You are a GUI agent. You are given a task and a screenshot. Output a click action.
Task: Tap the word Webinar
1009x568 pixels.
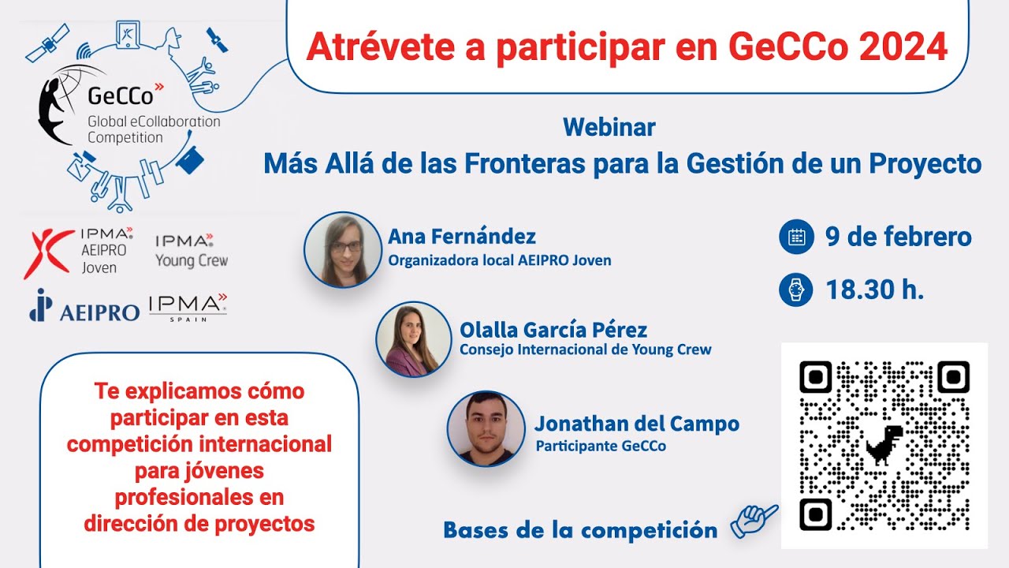coord(609,127)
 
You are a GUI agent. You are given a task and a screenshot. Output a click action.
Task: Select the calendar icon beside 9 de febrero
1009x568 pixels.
coord(795,237)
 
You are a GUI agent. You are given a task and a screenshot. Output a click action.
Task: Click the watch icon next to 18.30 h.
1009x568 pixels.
coord(795,290)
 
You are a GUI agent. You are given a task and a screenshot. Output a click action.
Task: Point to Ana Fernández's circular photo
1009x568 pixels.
coord(342,249)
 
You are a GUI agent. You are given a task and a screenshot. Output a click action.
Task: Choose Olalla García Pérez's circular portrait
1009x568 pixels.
coord(413,339)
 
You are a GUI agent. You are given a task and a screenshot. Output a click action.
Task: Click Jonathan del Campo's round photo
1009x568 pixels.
coord(486,429)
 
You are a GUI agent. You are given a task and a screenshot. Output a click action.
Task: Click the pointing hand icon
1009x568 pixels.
coord(753,521)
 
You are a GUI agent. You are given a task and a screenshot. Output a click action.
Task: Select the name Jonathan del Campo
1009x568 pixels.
coord(636,424)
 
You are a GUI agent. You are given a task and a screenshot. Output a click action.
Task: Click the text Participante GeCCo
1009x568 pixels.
coord(601,447)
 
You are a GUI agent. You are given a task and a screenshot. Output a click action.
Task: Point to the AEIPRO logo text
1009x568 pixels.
coord(99,311)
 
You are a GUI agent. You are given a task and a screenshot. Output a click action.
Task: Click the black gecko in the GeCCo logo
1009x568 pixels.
coord(57,106)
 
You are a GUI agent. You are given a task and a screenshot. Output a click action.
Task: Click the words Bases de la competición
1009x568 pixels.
coord(580,530)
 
